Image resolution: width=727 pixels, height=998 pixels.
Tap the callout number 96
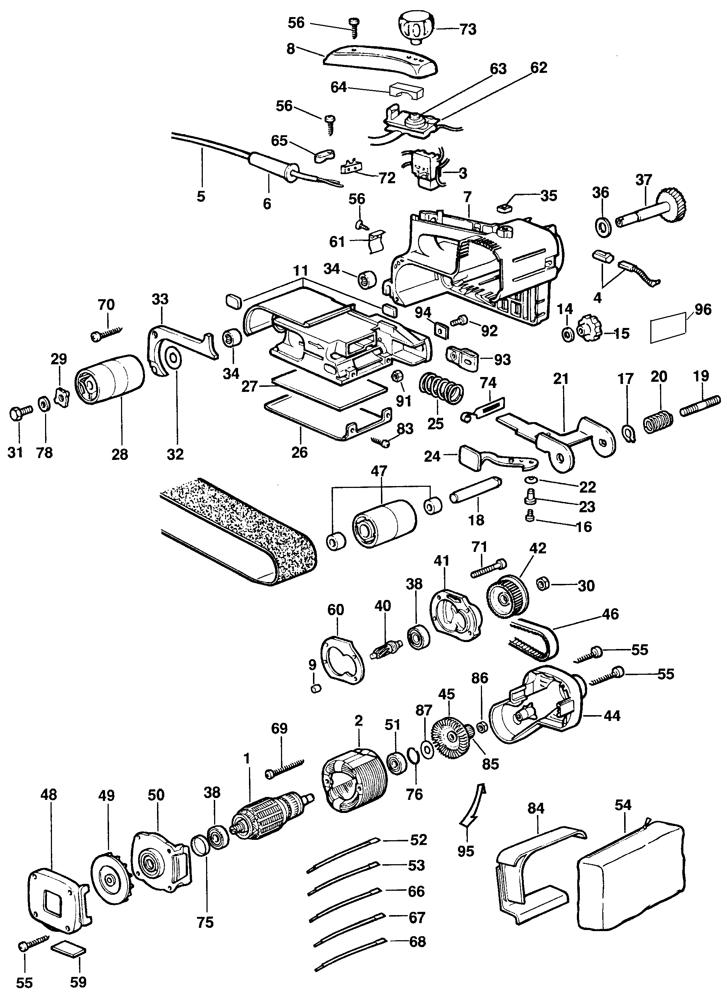(x=702, y=309)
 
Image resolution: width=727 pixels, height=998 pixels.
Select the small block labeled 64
(x=406, y=92)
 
